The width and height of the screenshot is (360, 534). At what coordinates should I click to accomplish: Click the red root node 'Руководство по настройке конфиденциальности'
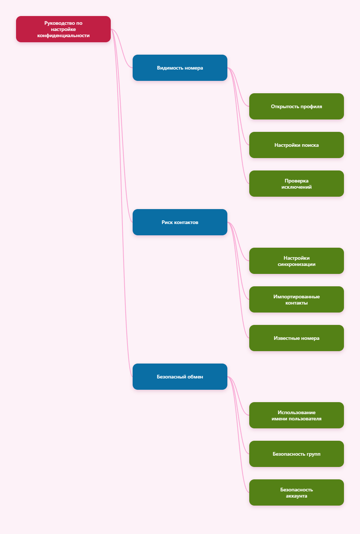click(x=63, y=29)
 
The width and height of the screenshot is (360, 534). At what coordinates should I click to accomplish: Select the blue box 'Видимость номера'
click(x=180, y=68)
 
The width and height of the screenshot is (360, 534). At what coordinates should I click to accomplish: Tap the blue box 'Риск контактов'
click(x=180, y=222)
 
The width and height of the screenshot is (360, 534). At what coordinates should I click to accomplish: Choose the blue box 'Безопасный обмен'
click(x=180, y=377)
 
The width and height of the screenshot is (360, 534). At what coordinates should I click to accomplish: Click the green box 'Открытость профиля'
click(x=297, y=106)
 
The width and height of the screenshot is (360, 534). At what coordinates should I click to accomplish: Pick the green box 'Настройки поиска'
click(x=297, y=145)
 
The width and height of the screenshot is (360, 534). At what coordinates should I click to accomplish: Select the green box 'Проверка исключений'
click(x=297, y=184)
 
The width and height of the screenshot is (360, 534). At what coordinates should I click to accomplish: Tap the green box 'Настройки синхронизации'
click(x=297, y=261)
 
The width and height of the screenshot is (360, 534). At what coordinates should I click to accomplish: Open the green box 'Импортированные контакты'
click(x=297, y=299)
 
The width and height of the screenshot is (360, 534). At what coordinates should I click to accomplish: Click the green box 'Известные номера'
click(x=297, y=338)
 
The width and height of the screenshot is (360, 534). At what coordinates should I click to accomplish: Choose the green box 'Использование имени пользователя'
click(x=297, y=415)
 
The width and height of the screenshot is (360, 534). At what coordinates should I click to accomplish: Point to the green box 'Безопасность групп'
click(x=297, y=454)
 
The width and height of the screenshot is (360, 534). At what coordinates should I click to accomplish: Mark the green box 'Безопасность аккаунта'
click(x=297, y=492)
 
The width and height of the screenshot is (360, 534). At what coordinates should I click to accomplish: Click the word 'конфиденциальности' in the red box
click(x=63, y=36)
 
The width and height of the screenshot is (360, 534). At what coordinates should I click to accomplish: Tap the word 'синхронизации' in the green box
click(x=297, y=264)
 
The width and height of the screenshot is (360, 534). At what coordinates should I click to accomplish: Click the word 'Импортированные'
click(x=297, y=297)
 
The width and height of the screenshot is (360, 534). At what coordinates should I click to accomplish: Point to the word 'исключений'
click(x=297, y=187)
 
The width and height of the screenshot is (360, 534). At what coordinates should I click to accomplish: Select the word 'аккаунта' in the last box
click(x=297, y=496)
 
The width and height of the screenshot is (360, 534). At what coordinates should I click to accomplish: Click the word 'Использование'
click(x=297, y=412)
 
